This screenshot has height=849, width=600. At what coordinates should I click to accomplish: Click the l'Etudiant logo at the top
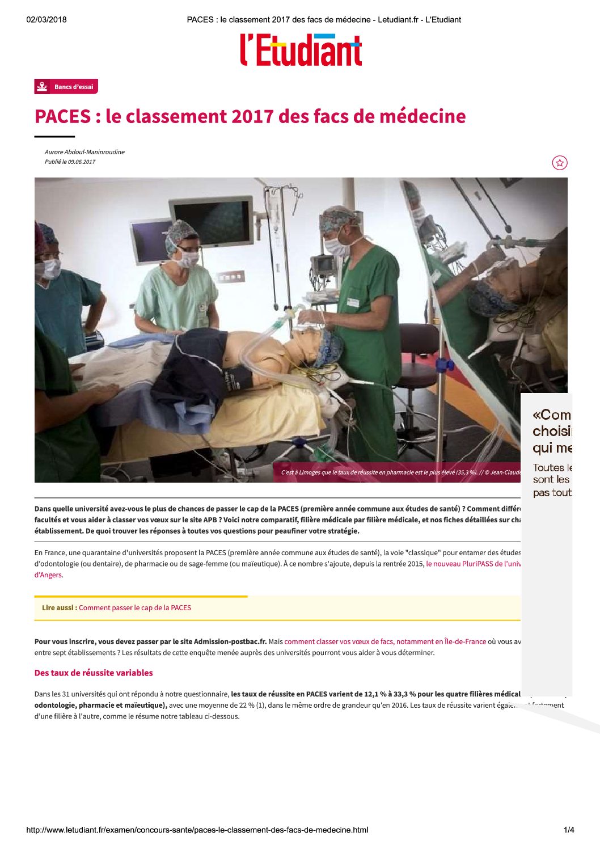[301, 50]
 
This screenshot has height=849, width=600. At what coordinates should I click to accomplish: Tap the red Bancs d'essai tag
[66, 87]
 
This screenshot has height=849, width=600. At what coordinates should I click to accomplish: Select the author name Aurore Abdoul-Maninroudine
[84, 152]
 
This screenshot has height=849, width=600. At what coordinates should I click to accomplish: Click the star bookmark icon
[560, 163]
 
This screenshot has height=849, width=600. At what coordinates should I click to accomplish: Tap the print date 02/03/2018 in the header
[47, 20]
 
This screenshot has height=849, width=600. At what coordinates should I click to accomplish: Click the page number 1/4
[569, 830]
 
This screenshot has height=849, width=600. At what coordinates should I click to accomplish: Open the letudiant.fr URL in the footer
[197, 830]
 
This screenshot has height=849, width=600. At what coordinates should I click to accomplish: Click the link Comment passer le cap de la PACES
[135, 608]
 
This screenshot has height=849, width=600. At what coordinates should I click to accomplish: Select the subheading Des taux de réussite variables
[94, 673]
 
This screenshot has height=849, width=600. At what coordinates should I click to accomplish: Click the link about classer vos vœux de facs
[385, 642]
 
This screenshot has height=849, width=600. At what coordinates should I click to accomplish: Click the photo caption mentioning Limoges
[400, 472]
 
